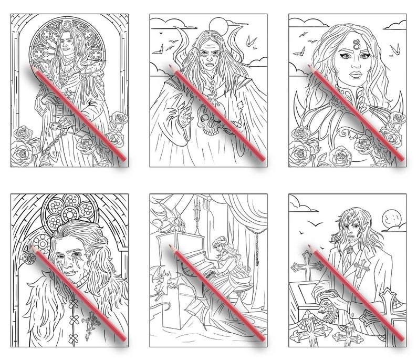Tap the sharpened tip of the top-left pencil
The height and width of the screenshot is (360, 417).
click(32, 68)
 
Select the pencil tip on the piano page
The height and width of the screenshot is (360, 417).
click(170, 245)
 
